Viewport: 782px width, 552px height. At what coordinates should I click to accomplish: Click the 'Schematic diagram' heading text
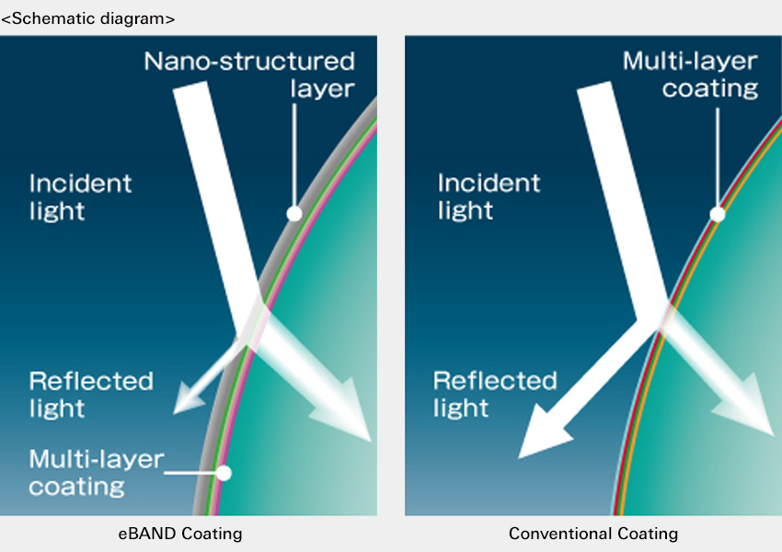[87, 19]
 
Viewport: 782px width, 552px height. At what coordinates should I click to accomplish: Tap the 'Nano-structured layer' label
[249, 75]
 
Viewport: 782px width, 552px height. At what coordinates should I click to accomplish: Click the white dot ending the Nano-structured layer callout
[294, 214]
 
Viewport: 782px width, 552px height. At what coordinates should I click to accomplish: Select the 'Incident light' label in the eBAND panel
[80, 197]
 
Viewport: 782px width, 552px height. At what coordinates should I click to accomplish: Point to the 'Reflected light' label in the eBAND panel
[91, 395]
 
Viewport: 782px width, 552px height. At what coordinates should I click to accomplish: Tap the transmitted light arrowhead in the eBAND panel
[343, 411]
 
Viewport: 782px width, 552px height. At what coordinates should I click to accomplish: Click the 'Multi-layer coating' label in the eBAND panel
[97, 472]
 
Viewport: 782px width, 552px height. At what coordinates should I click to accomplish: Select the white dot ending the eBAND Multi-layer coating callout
[224, 473]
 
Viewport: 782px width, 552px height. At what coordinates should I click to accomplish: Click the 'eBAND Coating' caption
[180, 534]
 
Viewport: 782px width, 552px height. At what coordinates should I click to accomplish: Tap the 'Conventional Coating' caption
[593, 534]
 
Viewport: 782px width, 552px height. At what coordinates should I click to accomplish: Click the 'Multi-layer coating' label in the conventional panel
[690, 75]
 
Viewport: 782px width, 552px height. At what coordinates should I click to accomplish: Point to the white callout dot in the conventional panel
[718, 214]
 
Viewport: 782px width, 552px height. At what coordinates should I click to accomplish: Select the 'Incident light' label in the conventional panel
[489, 197]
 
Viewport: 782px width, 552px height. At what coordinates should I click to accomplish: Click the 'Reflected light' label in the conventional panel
[495, 395]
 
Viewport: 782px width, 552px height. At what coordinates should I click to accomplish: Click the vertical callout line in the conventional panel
[718, 158]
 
